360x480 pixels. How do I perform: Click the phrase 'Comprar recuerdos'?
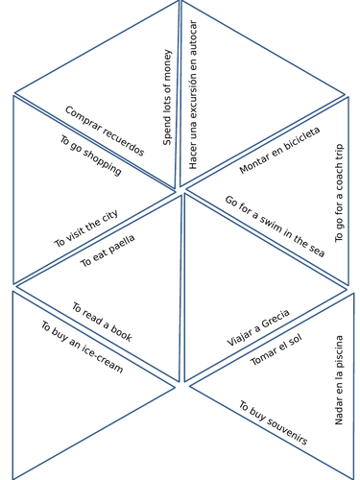point(105,131)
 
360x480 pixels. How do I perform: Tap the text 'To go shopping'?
point(90,156)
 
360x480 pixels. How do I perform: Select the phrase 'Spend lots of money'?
point(167,97)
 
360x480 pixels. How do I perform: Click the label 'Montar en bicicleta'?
point(279,150)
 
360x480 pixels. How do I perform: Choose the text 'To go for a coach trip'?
point(339,193)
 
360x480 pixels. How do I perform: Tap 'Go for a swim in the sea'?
point(275,227)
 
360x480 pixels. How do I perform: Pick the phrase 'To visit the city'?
point(86,228)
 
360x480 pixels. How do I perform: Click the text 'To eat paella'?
point(108,250)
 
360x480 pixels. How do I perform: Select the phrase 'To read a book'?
point(102,323)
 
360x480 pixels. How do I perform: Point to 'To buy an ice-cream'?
point(82,347)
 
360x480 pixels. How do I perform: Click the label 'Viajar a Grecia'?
point(258,327)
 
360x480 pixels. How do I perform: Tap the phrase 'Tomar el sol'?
point(276,349)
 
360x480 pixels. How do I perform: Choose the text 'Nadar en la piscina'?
point(339,379)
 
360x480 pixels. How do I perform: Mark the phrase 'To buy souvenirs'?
point(273,423)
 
